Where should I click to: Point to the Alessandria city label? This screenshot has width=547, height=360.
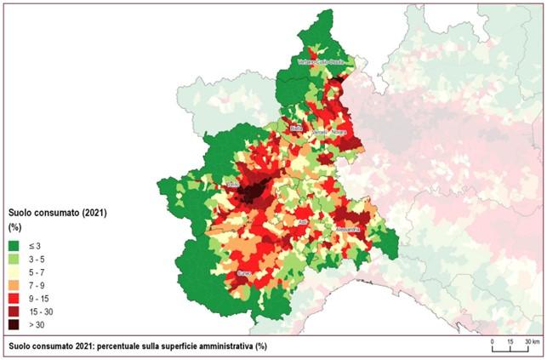pos(349,230)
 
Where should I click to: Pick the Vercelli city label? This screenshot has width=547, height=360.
pos(318,135)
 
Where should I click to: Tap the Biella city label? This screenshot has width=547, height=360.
pos(296,128)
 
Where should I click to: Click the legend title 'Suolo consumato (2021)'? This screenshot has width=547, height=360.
pos(55,211)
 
